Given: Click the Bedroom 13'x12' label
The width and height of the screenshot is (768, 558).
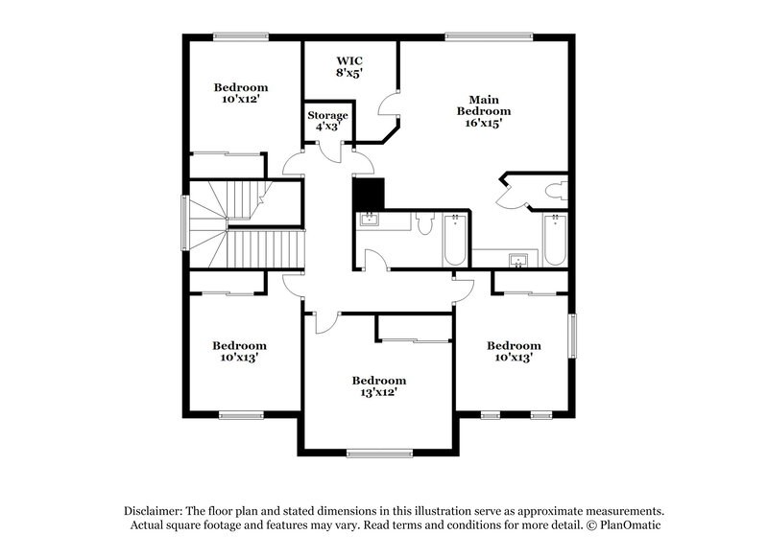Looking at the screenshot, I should click(378, 385).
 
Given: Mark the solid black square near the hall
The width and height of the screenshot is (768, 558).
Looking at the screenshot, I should click(369, 195).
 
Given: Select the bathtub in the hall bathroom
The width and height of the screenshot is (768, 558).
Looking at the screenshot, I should click(454, 241).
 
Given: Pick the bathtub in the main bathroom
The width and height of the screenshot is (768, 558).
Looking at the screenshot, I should click(555, 241).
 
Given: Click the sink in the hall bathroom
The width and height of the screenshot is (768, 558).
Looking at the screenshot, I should click(370, 221).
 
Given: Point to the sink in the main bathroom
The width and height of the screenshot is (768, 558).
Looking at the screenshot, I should click(519, 260).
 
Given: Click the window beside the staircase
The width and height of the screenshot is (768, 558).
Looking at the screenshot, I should click(186, 223).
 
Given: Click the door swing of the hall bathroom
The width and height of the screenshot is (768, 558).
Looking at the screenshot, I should click(377, 261).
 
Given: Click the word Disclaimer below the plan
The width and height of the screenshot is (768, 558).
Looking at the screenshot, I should click(154, 511).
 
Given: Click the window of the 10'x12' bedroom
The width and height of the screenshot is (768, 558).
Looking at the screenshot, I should click(240, 37).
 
